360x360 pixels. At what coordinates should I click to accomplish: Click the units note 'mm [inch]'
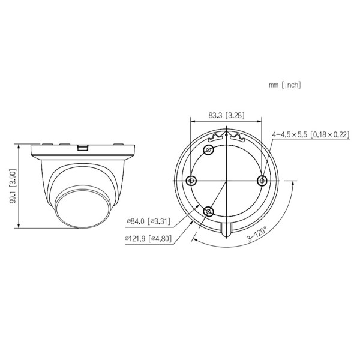click(x=285, y=85)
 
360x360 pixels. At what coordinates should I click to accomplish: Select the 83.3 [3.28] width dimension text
click(x=226, y=115)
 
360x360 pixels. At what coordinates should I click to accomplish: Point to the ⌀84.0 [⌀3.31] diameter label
click(x=148, y=221)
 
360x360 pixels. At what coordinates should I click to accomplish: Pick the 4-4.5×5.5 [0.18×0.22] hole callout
click(x=310, y=135)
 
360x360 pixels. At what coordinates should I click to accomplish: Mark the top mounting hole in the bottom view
click(x=209, y=149)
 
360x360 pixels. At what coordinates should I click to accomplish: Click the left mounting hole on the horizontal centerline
click(x=191, y=180)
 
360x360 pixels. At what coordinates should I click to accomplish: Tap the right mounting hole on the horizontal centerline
click(x=262, y=180)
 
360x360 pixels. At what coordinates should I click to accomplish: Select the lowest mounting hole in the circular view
click(x=209, y=211)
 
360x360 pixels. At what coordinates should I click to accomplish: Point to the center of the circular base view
click(x=226, y=180)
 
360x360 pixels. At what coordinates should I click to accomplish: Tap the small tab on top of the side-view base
click(x=83, y=145)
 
